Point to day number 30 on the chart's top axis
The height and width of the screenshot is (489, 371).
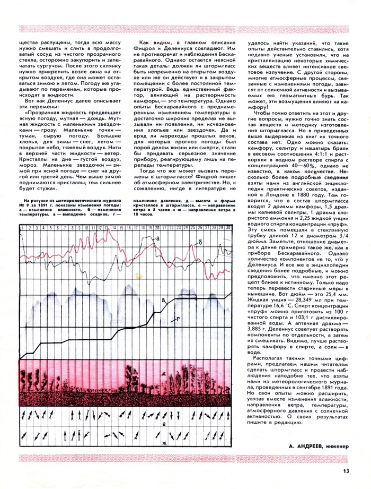[x=227, y=227]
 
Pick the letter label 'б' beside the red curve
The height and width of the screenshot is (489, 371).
[x=201, y=242]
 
